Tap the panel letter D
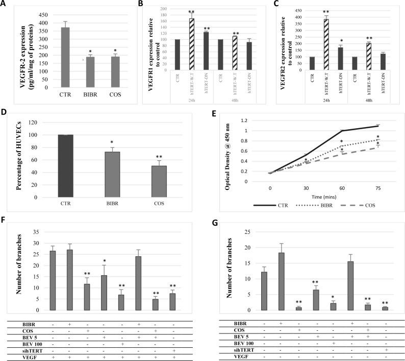[x=5, y=113]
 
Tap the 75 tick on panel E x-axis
[x=378, y=188]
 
